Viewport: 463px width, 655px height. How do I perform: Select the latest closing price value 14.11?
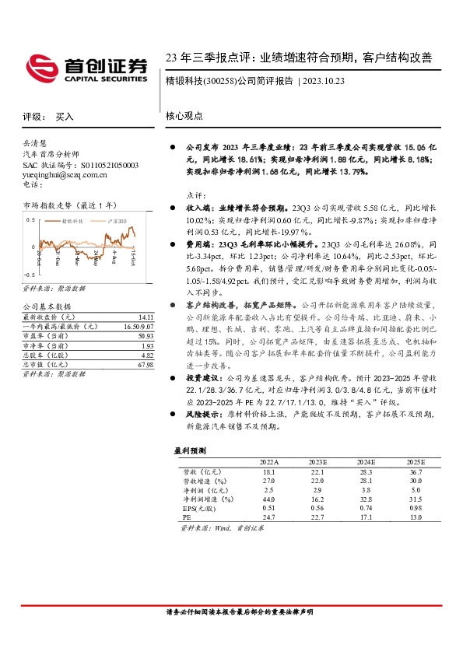coord(146,317)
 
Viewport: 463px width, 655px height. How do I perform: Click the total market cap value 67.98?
coord(146,364)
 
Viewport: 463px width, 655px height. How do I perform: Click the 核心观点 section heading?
coord(184,115)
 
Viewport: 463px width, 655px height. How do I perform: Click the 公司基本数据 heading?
coord(46,306)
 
